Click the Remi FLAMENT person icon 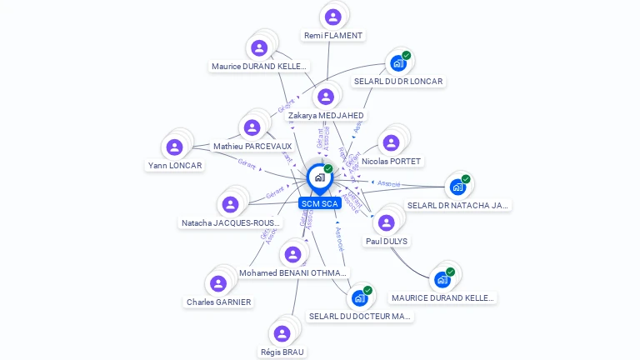point(333,17)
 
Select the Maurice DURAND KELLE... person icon point(259,47)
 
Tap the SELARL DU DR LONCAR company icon point(398,63)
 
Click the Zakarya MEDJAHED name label point(326,115)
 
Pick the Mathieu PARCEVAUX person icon point(251,127)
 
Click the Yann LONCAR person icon point(174,147)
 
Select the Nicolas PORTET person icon point(391,142)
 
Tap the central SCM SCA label point(319,203)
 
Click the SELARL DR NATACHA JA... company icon point(457,187)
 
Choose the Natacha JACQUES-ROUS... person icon point(231,204)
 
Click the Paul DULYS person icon point(386,222)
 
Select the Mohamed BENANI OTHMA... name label point(293,272)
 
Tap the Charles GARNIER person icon point(218,283)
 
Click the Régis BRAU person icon point(282,333)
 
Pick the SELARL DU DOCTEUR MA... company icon point(359,297)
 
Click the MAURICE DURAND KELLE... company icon point(442,279)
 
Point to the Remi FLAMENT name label point(333,36)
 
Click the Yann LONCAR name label point(175,166)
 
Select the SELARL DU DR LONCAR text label point(398,82)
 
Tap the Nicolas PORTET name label point(392,161)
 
